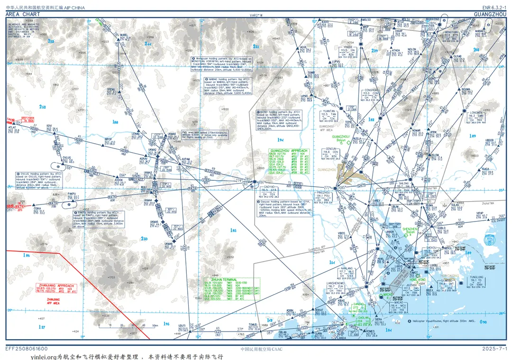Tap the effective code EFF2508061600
[27, 349]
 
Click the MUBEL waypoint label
[124, 35]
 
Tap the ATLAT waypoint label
[12, 127]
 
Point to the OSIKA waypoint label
[38, 208]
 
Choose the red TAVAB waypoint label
[11, 120]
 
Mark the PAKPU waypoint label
[72, 194]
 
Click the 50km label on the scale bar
[154, 326]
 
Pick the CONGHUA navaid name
[371, 90]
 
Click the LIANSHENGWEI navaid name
[335, 283]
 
